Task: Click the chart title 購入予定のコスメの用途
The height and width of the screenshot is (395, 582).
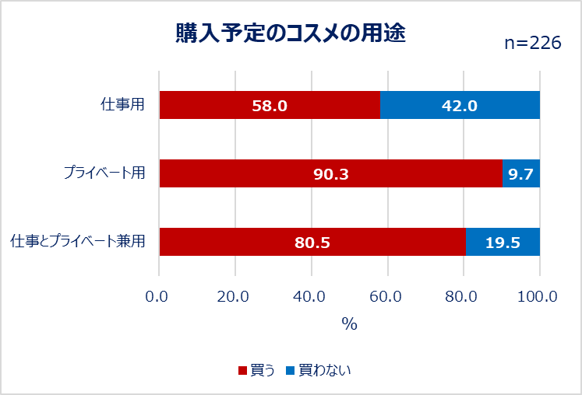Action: tap(291, 34)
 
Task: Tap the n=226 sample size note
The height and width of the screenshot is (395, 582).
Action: tap(533, 44)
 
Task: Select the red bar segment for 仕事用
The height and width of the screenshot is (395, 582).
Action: tap(270, 105)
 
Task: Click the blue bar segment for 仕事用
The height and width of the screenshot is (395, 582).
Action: tap(460, 105)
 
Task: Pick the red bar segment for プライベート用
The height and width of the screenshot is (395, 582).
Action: tap(330, 173)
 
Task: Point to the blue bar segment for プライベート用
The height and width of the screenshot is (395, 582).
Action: tap(520, 173)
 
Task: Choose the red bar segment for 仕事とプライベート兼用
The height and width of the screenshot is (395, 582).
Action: tap(312, 242)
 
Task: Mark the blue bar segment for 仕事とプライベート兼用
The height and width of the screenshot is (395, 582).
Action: tap(503, 242)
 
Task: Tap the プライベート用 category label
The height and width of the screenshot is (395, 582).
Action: tap(104, 173)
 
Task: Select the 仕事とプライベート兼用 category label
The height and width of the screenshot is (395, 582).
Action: tap(78, 242)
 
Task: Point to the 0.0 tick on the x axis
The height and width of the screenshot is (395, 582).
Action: tap(159, 295)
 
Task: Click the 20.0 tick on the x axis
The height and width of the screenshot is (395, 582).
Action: tap(235, 295)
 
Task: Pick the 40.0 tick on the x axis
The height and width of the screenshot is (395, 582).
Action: tap(311, 295)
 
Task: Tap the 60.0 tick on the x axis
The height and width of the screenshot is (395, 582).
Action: tap(387, 295)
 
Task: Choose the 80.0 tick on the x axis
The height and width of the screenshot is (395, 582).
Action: tap(464, 295)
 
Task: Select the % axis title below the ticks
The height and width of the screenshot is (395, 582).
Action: tap(349, 324)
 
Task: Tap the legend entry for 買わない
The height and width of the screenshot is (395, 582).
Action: tap(319, 370)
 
